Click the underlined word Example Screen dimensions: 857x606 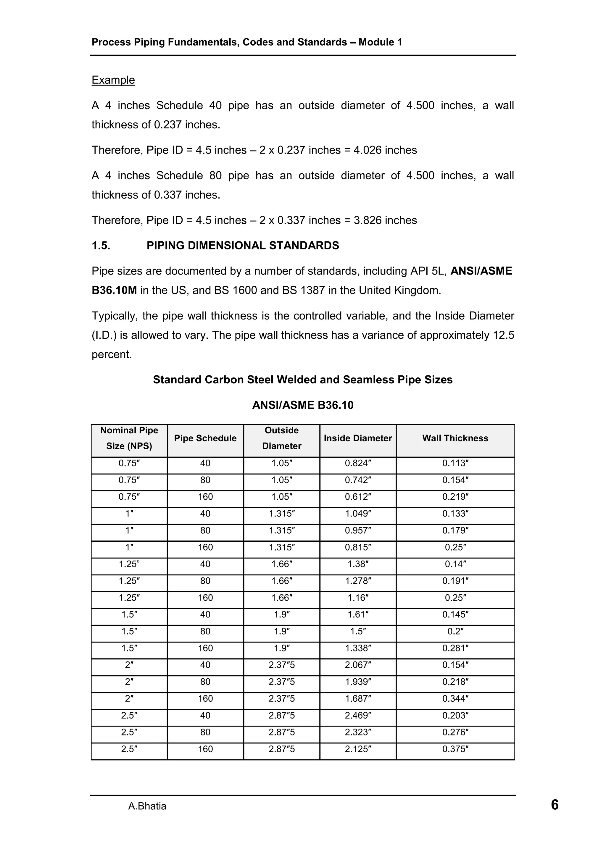coord(113,80)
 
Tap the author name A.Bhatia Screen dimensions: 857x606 coord(147,806)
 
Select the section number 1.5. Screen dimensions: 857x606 coord(101,245)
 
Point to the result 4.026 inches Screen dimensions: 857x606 coord(385,150)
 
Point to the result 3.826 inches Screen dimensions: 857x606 coord(385,220)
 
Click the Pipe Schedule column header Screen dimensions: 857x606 coord(205,438)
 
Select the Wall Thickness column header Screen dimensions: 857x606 coord(455,438)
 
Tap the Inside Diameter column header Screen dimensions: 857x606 coord(357,438)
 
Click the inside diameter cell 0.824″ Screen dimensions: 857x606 coord(357,463)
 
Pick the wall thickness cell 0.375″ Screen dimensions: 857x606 coord(455,749)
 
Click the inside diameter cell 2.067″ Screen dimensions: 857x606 coord(357,665)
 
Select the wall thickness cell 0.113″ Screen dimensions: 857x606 coord(455,463)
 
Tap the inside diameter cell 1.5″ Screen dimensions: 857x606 coord(357,631)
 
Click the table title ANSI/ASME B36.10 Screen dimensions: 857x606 coord(302,405)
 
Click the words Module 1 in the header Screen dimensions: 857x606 coord(380,42)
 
